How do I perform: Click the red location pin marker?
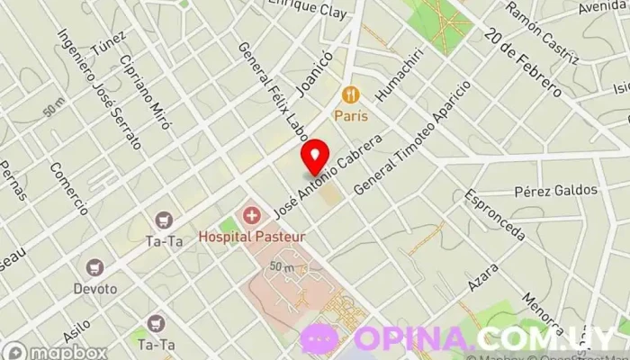(314, 156)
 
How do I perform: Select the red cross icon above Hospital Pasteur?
(252, 216)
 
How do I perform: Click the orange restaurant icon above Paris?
(350, 94)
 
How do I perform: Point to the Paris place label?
(350, 115)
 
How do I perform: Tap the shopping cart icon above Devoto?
(95, 267)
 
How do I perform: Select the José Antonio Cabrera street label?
(328, 176)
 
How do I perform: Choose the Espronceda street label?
(494, 216)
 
